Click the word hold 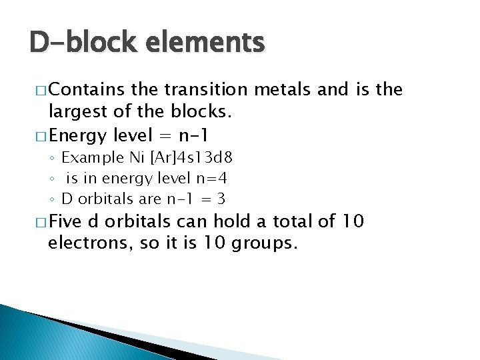tap(230, 221)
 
